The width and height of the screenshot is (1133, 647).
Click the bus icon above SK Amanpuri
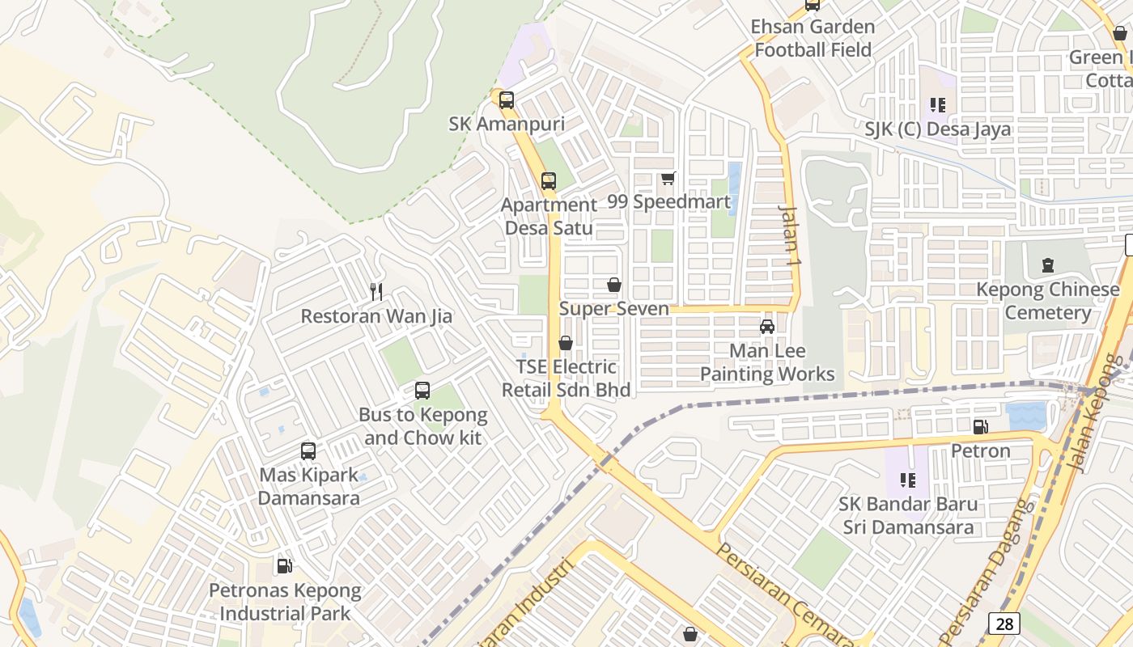click(507, 100)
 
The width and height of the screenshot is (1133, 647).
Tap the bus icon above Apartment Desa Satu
click(549, 181)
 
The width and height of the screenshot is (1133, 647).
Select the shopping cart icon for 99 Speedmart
click(668, 178)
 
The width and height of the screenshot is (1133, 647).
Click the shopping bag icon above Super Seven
click(614, 285)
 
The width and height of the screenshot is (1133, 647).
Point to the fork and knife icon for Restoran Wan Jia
click(376, 291)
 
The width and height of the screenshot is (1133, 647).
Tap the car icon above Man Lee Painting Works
click(766, 327)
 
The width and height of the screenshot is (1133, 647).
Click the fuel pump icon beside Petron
click(980, 426)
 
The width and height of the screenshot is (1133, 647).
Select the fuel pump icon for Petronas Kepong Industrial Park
click(284, 565)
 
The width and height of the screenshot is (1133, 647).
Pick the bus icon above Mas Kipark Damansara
click(308, 451)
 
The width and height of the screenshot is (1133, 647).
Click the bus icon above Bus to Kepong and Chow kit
click(422, 391)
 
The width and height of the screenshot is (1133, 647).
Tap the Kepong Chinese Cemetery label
click(1048, 301)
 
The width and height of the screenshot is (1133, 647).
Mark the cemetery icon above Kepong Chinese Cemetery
click(1048, 264)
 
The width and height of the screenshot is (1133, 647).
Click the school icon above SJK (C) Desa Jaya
click(938, 104)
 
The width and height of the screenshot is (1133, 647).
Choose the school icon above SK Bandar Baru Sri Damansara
click(908, 480)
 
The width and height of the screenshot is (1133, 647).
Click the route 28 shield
click(1004, 624)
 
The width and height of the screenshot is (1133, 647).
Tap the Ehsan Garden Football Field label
click(813, 38)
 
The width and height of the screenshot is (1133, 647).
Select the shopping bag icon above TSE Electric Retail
click(566, 343)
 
